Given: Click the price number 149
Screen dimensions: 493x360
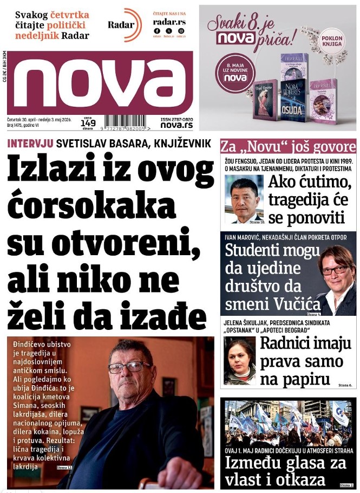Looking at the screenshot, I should [x=87, y=123].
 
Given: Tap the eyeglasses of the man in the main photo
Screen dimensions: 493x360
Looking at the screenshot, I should [x=130, y=367].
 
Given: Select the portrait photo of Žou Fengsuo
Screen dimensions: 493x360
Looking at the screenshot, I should [x=243, y=198].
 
